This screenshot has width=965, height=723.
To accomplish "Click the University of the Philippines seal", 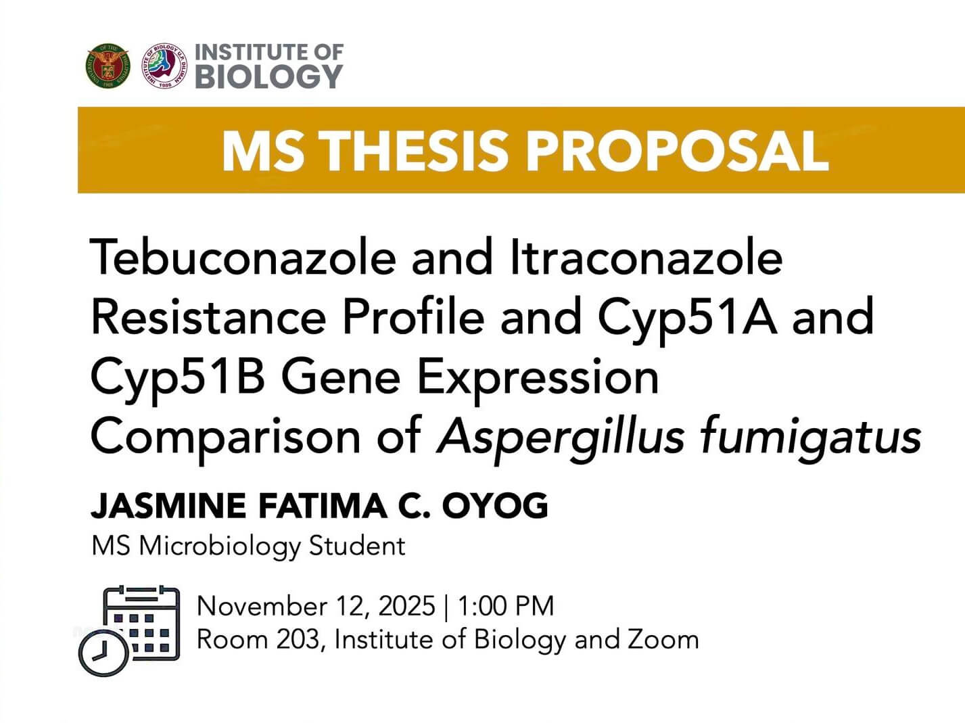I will (x=108, y=66).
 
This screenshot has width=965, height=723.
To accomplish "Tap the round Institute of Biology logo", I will (x=164, y=66).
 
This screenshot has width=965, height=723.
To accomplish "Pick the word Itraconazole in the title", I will (x=646, y=258).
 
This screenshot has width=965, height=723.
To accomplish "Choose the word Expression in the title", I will (x=538, y=377).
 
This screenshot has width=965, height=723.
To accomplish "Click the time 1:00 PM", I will (x=505, y=606).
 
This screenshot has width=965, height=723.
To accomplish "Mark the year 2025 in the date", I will (x=406, y=606).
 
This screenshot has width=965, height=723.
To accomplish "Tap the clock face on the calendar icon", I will (x=103, y=653).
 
